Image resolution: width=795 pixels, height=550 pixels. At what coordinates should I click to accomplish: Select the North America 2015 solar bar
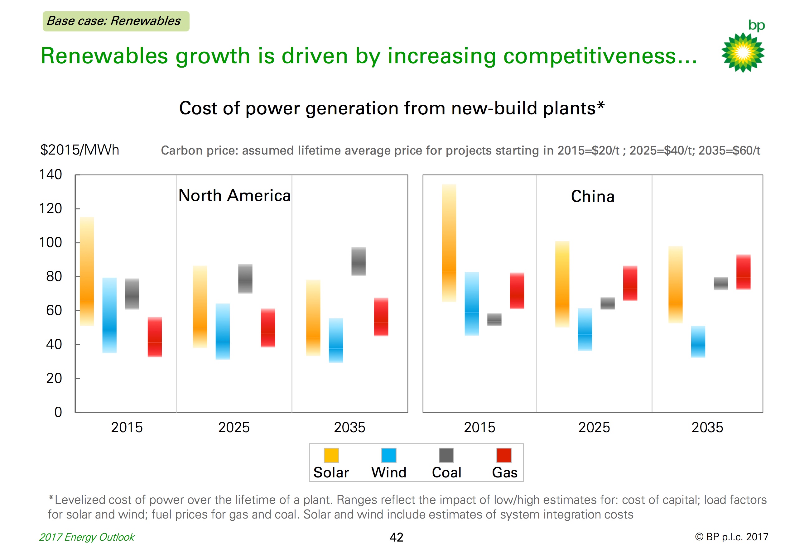click(87, 271)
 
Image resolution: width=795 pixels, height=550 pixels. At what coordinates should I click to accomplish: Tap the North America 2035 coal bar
click(358, 261)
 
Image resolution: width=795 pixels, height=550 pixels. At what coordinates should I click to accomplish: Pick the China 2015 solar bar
click(449, 243)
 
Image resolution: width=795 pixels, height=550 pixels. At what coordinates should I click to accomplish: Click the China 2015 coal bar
click(494, 319)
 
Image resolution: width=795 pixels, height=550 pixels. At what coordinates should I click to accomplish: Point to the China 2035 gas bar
click(743, 272)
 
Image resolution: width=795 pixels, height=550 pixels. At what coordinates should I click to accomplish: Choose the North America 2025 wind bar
click(223, 331)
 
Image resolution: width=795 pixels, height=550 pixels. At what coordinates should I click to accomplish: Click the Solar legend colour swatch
click(331, 455)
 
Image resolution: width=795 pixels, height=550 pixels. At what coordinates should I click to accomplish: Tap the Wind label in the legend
click(388, 472)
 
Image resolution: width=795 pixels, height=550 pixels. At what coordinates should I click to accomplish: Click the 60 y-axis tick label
click(54, 310)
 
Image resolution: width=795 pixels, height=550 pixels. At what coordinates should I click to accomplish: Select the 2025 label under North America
click(234, 427)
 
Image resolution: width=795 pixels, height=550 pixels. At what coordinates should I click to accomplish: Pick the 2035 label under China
click(707, 427)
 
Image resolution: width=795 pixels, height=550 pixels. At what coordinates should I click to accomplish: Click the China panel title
click(592, 196)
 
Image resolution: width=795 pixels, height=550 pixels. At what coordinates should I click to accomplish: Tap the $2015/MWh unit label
click(79, 150)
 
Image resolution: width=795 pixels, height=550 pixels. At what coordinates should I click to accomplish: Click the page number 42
click(396, 537)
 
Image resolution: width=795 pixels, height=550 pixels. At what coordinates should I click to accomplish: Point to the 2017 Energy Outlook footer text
click(87, 537)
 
